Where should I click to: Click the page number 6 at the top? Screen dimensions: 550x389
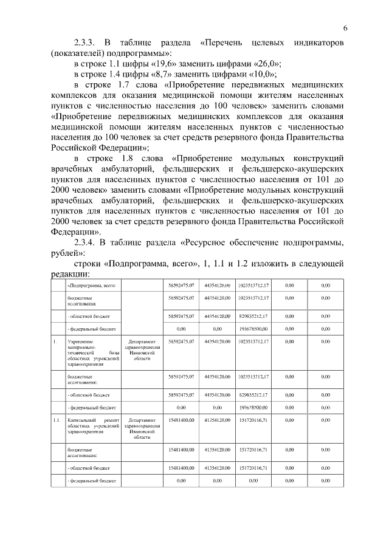(x=345, y=27)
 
